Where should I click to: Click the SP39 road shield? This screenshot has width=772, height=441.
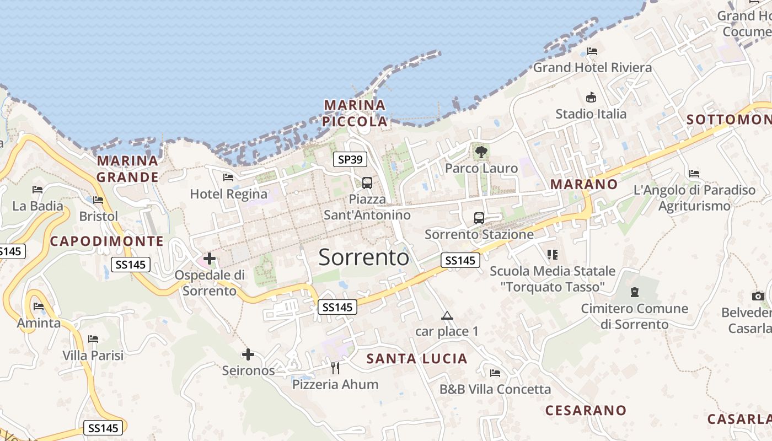[x=350, y=160]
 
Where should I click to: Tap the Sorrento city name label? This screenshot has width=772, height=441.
[x=364, y=257]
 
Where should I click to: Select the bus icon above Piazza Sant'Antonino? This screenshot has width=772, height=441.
[x=367, y=183]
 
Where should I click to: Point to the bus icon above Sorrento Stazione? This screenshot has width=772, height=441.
[x=479, y=218]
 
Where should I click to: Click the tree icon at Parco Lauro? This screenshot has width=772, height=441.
[x=481, y=152]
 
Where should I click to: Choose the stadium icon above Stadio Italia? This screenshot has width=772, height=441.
[x=591, y=98]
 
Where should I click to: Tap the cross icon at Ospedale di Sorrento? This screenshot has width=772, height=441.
[x=210, y=258]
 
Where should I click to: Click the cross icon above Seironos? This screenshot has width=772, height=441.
[x=248, y=354]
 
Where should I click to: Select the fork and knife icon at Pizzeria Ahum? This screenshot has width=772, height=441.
[x=335, y=368]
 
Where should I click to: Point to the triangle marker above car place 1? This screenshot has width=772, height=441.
[x=447, y=316]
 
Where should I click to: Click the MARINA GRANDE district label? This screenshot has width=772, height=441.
[x=128, y=169]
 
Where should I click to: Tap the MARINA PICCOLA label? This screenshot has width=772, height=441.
[x=355, y=113]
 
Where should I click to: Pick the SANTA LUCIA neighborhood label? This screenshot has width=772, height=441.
[x=417, y=359]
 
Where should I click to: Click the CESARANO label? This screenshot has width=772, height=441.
[x=586, y=410]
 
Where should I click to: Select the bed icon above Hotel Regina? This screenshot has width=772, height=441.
[x=228, y=178]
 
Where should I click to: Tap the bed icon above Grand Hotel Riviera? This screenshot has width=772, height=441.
[x=592, y=51]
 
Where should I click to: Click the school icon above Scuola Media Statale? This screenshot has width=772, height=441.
[x=553, y=254]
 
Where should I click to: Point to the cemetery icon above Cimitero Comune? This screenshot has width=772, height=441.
[x=635, y=292]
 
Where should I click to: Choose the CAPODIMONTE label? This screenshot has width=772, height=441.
[x=107, y=241]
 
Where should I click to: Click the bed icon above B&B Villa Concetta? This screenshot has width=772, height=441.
[x=495, y=373]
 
